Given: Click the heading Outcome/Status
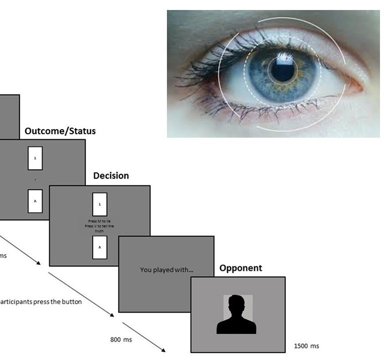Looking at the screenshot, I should (60, 131).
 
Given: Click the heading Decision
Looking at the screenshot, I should (111, 176).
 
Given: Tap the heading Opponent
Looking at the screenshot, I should (241, 268).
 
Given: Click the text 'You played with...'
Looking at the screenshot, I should (166, 270).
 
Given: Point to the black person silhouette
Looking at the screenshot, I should (237, 315).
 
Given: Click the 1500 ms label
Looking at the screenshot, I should (306, 346).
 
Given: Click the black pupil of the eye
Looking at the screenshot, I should (283, 70).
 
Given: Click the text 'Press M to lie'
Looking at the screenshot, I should (100, 220).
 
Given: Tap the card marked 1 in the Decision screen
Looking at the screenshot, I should (100, 205).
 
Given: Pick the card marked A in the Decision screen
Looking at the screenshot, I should (100, 247).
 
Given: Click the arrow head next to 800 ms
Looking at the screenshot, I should (163, 349).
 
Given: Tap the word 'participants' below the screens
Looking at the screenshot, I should (16, 302).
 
